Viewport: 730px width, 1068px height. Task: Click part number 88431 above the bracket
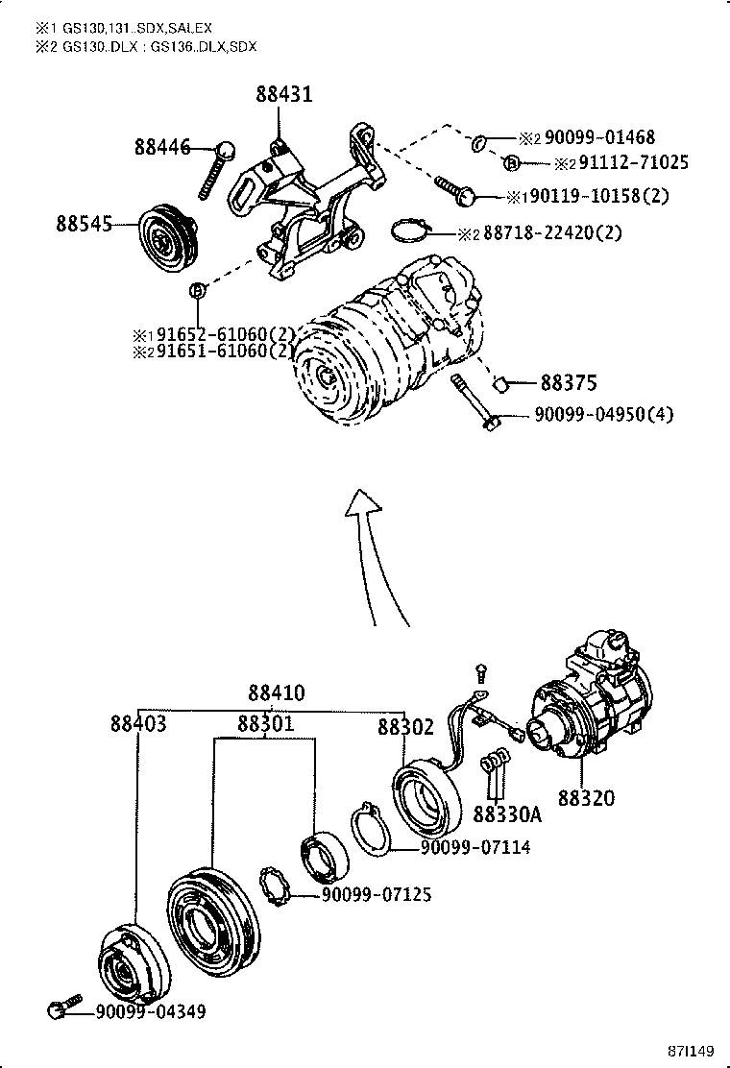pyautogui.click(x=283, y=94)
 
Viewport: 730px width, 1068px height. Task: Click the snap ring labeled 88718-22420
pyautogui.click(x=409, y=231)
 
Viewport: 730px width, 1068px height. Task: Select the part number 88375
pyautogui.click(x=568, y=383)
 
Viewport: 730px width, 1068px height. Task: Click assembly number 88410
pyautogui.click(x=276, y=693)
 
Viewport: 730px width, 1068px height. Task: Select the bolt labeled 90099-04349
pyautogui.click(x=58, y=1009)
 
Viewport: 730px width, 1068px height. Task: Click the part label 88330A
pyautogui.click(x=507, y=814)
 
